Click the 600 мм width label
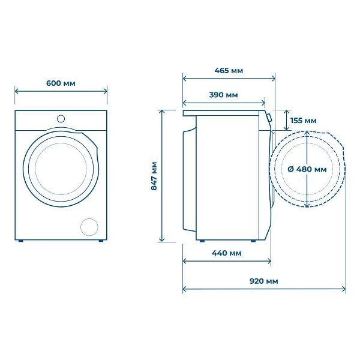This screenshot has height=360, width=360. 61,83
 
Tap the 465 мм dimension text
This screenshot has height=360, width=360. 229,70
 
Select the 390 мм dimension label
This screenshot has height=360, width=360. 223,95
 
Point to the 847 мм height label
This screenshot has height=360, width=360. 154,176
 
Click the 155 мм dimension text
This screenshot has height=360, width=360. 303,121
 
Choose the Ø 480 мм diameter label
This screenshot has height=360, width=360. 307,169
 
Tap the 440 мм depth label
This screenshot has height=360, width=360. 227,253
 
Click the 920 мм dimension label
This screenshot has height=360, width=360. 264,281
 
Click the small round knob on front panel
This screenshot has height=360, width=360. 61,119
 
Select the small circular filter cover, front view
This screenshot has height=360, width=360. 89,227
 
